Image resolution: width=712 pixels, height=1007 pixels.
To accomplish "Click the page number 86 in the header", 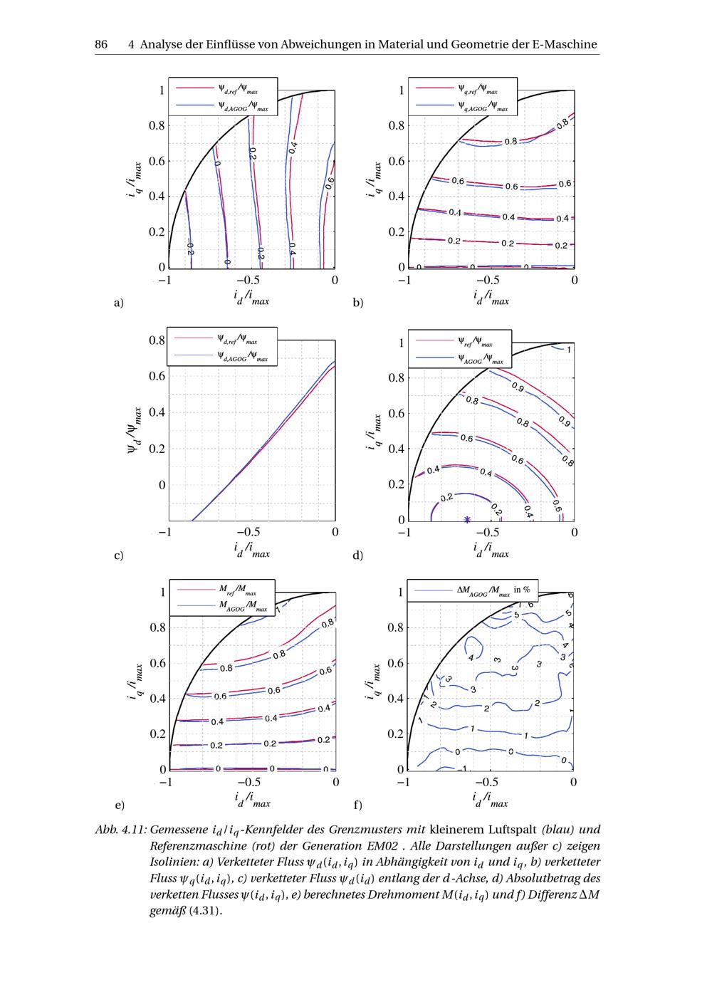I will tap(101, 44).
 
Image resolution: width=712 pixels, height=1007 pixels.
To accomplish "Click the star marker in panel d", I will tap(467, 519).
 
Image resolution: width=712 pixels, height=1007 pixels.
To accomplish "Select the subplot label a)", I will tap(119, 303).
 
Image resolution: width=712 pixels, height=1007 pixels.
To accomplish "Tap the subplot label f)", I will tap(358, 805).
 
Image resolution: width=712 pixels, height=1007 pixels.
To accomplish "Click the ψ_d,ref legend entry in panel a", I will tap(238, 90).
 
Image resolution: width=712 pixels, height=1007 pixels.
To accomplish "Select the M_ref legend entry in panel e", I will tap(237, 590).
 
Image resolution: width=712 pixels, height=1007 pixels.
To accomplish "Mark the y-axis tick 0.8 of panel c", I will tap(157, 340).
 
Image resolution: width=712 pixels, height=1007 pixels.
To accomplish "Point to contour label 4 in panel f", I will tap(471, 657).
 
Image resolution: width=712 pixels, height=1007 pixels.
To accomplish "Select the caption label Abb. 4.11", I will tap(121, 830).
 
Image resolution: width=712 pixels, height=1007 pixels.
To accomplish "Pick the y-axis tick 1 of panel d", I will tap(402, 343).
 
